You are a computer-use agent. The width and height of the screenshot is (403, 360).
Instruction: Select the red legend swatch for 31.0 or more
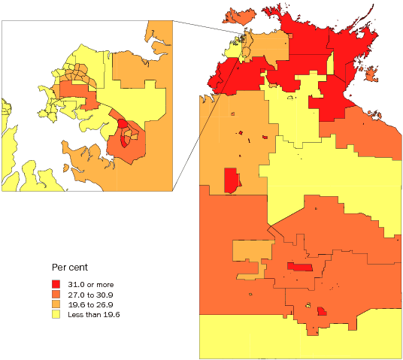(x=56, y=284)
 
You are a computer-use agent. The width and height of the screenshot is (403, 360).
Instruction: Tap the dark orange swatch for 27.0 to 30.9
(x=56, y=295)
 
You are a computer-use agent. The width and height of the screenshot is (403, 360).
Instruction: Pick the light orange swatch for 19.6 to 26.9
(x=56, y=304)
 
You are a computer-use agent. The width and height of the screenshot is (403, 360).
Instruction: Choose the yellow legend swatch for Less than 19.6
(x=56, y=314)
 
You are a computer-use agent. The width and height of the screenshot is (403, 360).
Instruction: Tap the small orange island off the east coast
(x=370, y=74)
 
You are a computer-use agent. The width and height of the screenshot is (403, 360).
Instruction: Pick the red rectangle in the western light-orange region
(x=232, y=180)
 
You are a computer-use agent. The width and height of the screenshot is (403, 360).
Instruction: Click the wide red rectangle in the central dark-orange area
(x=301, y=267)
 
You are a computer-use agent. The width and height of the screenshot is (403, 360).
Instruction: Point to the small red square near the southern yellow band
(x=322, y=311)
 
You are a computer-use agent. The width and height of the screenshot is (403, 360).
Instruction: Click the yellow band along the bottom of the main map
(x=301, y=338)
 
